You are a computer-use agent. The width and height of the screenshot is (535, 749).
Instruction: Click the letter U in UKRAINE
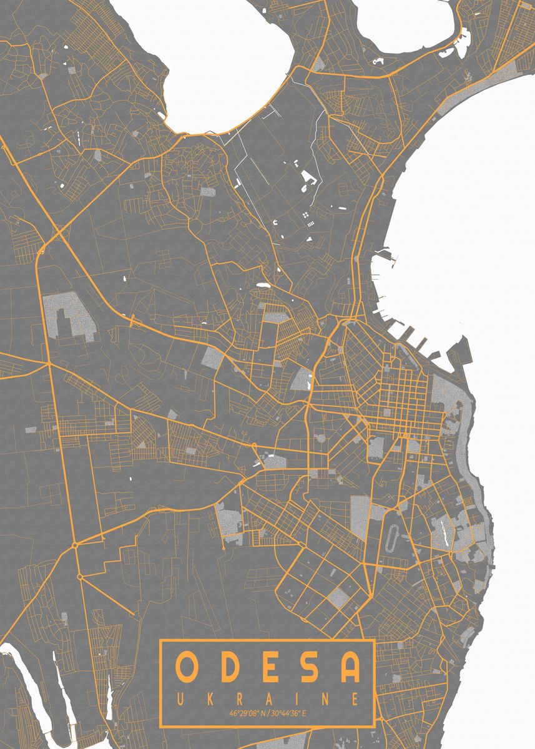click(179, 697)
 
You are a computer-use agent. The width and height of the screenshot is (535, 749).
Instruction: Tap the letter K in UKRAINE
click(209, 697)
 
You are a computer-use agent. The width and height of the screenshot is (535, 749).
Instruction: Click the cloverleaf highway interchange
click(61, 232)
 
